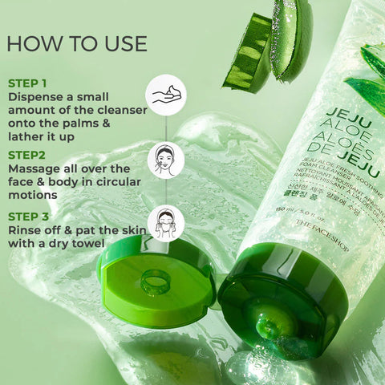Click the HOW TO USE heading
[x=76, y=43]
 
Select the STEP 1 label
[x=27, y=83]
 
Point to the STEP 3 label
[x=28, y=216]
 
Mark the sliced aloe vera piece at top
[x=265, y=48]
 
